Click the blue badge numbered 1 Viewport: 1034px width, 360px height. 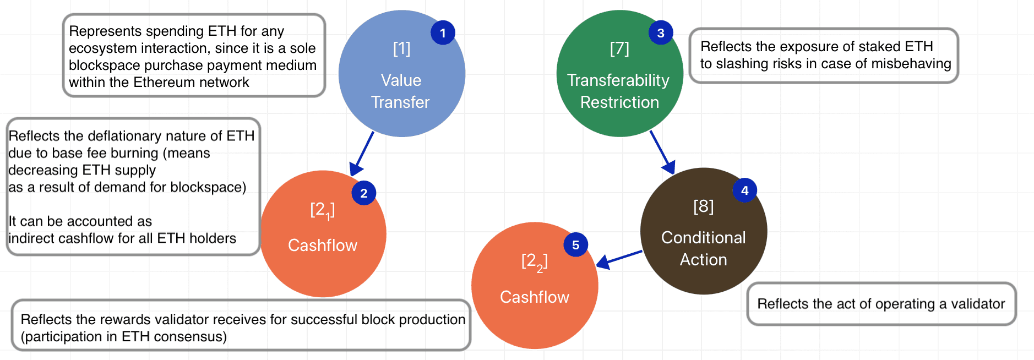pos(443,33)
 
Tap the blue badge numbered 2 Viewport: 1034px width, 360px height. pos(364,193)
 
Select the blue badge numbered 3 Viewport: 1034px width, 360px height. pos(661,33)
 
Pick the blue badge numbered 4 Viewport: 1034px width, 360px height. pos(745,190)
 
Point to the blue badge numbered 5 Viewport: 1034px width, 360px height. pos(576,245)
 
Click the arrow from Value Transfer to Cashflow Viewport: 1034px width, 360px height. pos(362,154)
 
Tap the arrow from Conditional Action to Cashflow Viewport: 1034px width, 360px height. pos(619,259)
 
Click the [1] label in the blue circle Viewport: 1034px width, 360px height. pos(402,48)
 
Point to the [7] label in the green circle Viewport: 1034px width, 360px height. pos(619,48)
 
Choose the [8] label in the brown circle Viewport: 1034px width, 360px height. pos(704,206)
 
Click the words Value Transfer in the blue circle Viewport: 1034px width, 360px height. pos(401,91)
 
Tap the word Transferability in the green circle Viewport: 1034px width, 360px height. pos(618,80)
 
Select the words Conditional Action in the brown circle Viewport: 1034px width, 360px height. pos(704,248)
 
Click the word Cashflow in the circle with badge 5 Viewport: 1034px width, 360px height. pos(535,297)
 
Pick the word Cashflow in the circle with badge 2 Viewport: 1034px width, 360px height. pos(323,246)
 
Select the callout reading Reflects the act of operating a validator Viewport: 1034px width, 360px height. pos(881,304)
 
